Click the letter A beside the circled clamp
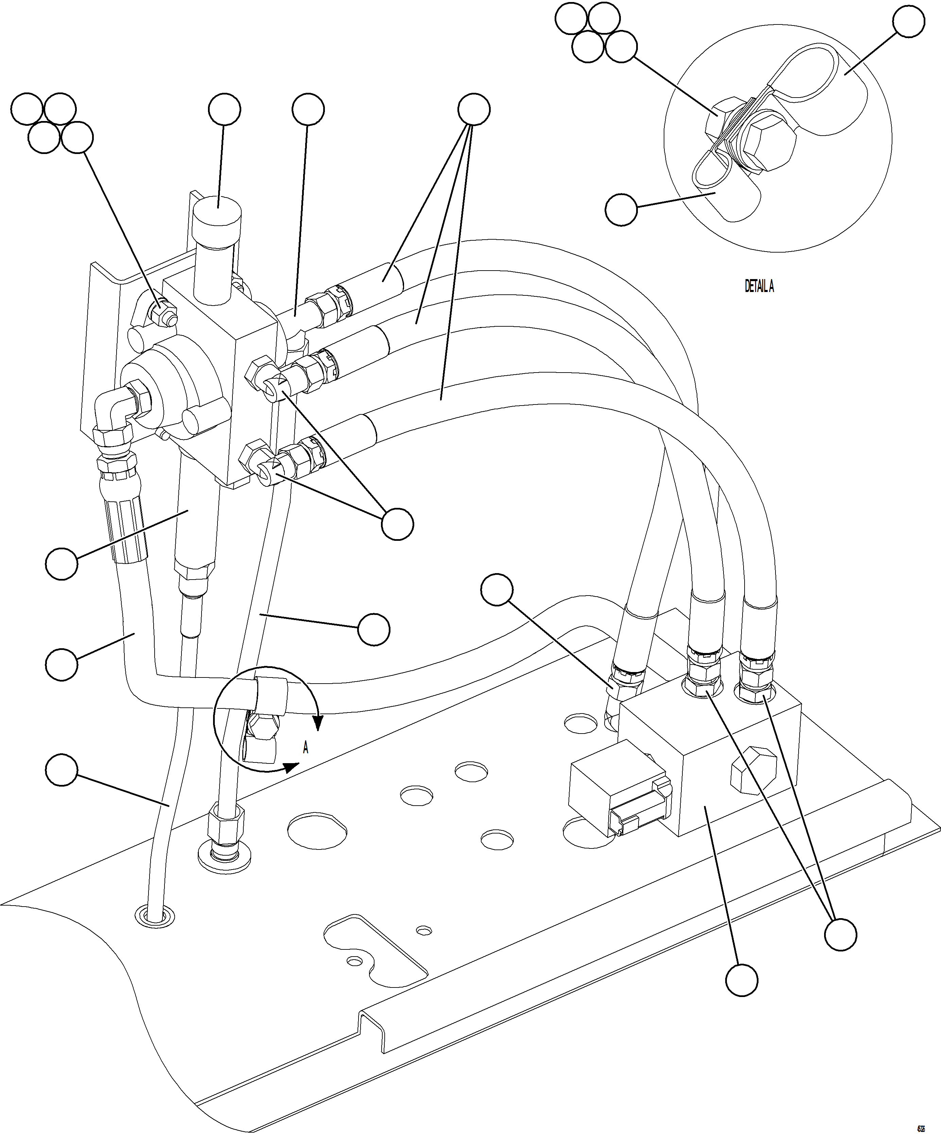click(306, 748)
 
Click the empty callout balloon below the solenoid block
click(741, 980)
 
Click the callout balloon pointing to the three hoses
click(473, 109)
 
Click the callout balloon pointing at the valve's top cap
click(224, 109)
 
